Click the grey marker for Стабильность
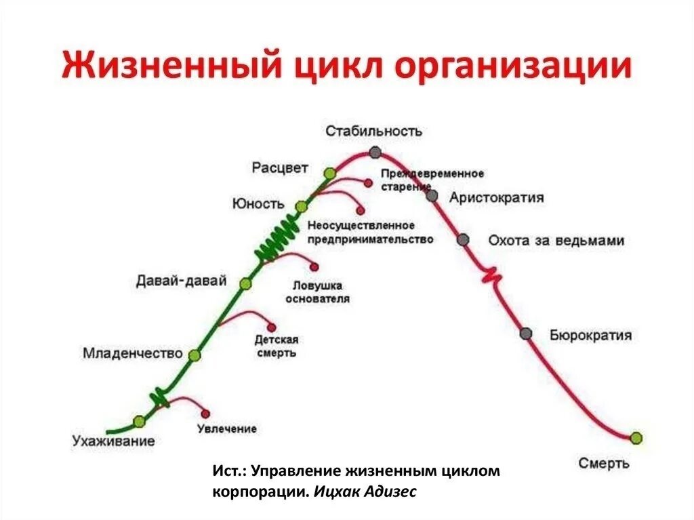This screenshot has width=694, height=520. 375,153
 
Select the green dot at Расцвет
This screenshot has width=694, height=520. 329,173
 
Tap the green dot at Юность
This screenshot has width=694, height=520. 302,205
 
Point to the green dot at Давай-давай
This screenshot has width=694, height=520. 245,283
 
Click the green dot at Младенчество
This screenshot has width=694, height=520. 195,355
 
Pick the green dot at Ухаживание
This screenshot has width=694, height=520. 140,421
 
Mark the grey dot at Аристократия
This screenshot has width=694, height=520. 432,196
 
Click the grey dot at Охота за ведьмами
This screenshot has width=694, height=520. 463,239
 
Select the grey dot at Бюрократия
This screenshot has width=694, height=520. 526,333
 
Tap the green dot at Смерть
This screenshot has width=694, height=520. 636,438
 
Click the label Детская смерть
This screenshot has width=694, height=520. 276,346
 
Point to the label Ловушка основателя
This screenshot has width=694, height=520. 317,292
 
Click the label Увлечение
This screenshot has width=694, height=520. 227,429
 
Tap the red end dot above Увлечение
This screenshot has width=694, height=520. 205,414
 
